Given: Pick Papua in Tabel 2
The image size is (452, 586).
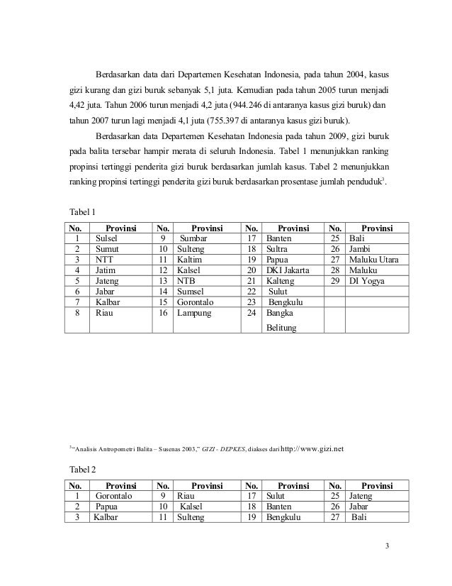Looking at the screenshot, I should [x=107, y=507].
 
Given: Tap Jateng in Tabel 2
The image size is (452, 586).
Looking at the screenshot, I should [x=361, y=496].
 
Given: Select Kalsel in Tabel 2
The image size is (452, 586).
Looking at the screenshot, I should [x=192, y=507].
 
